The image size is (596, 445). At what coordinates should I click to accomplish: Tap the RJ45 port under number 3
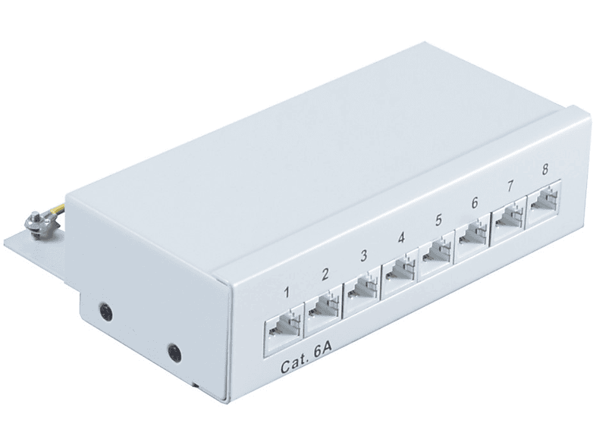coord(362,290)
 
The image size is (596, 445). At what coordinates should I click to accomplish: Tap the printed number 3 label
coord(364,255)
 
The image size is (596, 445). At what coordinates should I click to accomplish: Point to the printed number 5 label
coord(438,220)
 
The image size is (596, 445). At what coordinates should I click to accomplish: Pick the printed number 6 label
coord(474,203)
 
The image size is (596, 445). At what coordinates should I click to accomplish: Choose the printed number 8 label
coord(544,170)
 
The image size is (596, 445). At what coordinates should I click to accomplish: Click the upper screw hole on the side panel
coord(105,311)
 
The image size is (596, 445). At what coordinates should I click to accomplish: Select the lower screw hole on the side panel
coord(174,352)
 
